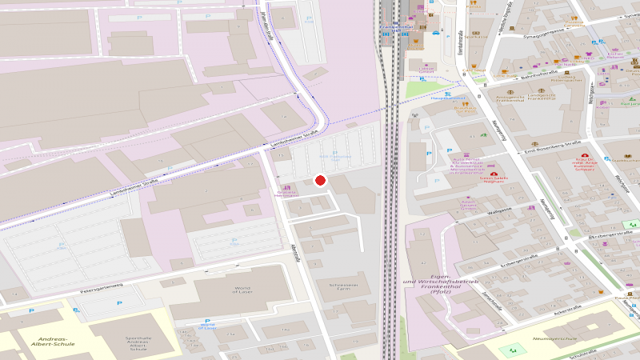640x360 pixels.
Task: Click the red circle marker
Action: pos(321,181)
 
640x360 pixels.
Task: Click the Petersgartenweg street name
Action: pos(101,284)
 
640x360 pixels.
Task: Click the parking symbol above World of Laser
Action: pos(234,239)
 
